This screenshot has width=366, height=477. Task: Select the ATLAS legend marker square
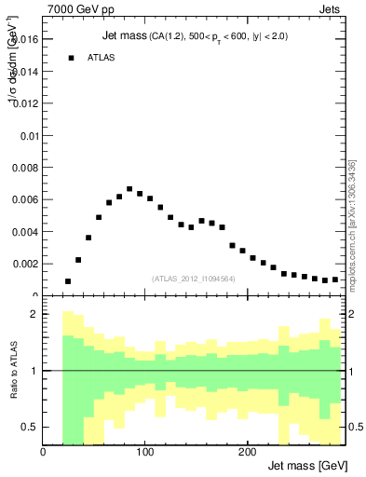coord(70,58)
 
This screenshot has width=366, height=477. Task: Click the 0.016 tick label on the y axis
coord(24,39)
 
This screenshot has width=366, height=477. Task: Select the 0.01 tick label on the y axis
coord(28,135)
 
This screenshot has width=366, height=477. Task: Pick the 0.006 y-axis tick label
coord(24,199)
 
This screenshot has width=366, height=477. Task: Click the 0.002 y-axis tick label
coord(24,264)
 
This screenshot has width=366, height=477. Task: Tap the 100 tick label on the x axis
coord(145,452)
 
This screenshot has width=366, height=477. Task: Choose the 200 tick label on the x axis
coord(247,452)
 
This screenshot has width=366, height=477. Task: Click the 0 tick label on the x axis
coord(44,452)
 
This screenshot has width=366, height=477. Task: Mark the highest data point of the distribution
coord(129,189)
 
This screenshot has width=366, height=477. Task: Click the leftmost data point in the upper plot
coord(68,281)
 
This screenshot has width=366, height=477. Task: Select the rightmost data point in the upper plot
coord(335,279)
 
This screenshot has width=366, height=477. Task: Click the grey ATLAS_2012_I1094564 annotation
coord(194,278)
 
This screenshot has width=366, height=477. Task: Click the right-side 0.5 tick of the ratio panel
coord(355,427)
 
